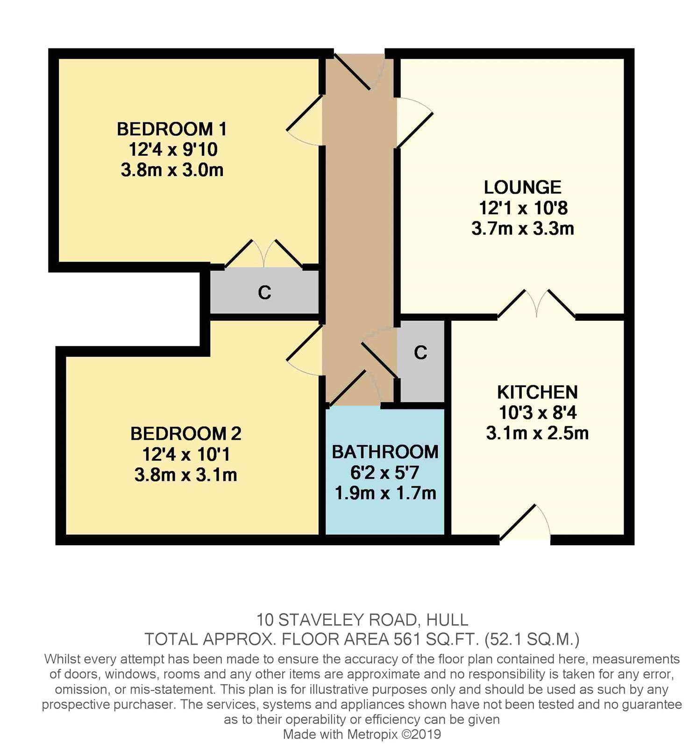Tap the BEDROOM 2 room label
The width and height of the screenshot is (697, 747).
click(185, 434)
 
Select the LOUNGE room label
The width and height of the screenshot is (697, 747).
click(522, 187)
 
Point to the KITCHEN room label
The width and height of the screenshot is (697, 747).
click(537, 392)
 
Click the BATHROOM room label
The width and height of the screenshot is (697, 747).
click(385, 452)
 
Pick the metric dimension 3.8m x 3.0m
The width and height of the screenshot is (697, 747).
click(172, 170)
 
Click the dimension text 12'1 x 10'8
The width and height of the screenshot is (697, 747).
click(523, 208)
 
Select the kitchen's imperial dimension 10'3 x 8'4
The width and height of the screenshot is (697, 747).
click(537, 413)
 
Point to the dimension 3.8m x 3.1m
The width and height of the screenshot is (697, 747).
click(185, 475)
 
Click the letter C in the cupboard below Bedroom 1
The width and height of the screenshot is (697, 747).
click(264, 293)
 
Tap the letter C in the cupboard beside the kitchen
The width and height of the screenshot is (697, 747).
click(420, 352)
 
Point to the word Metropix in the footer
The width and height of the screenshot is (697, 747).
click(372, 734)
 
